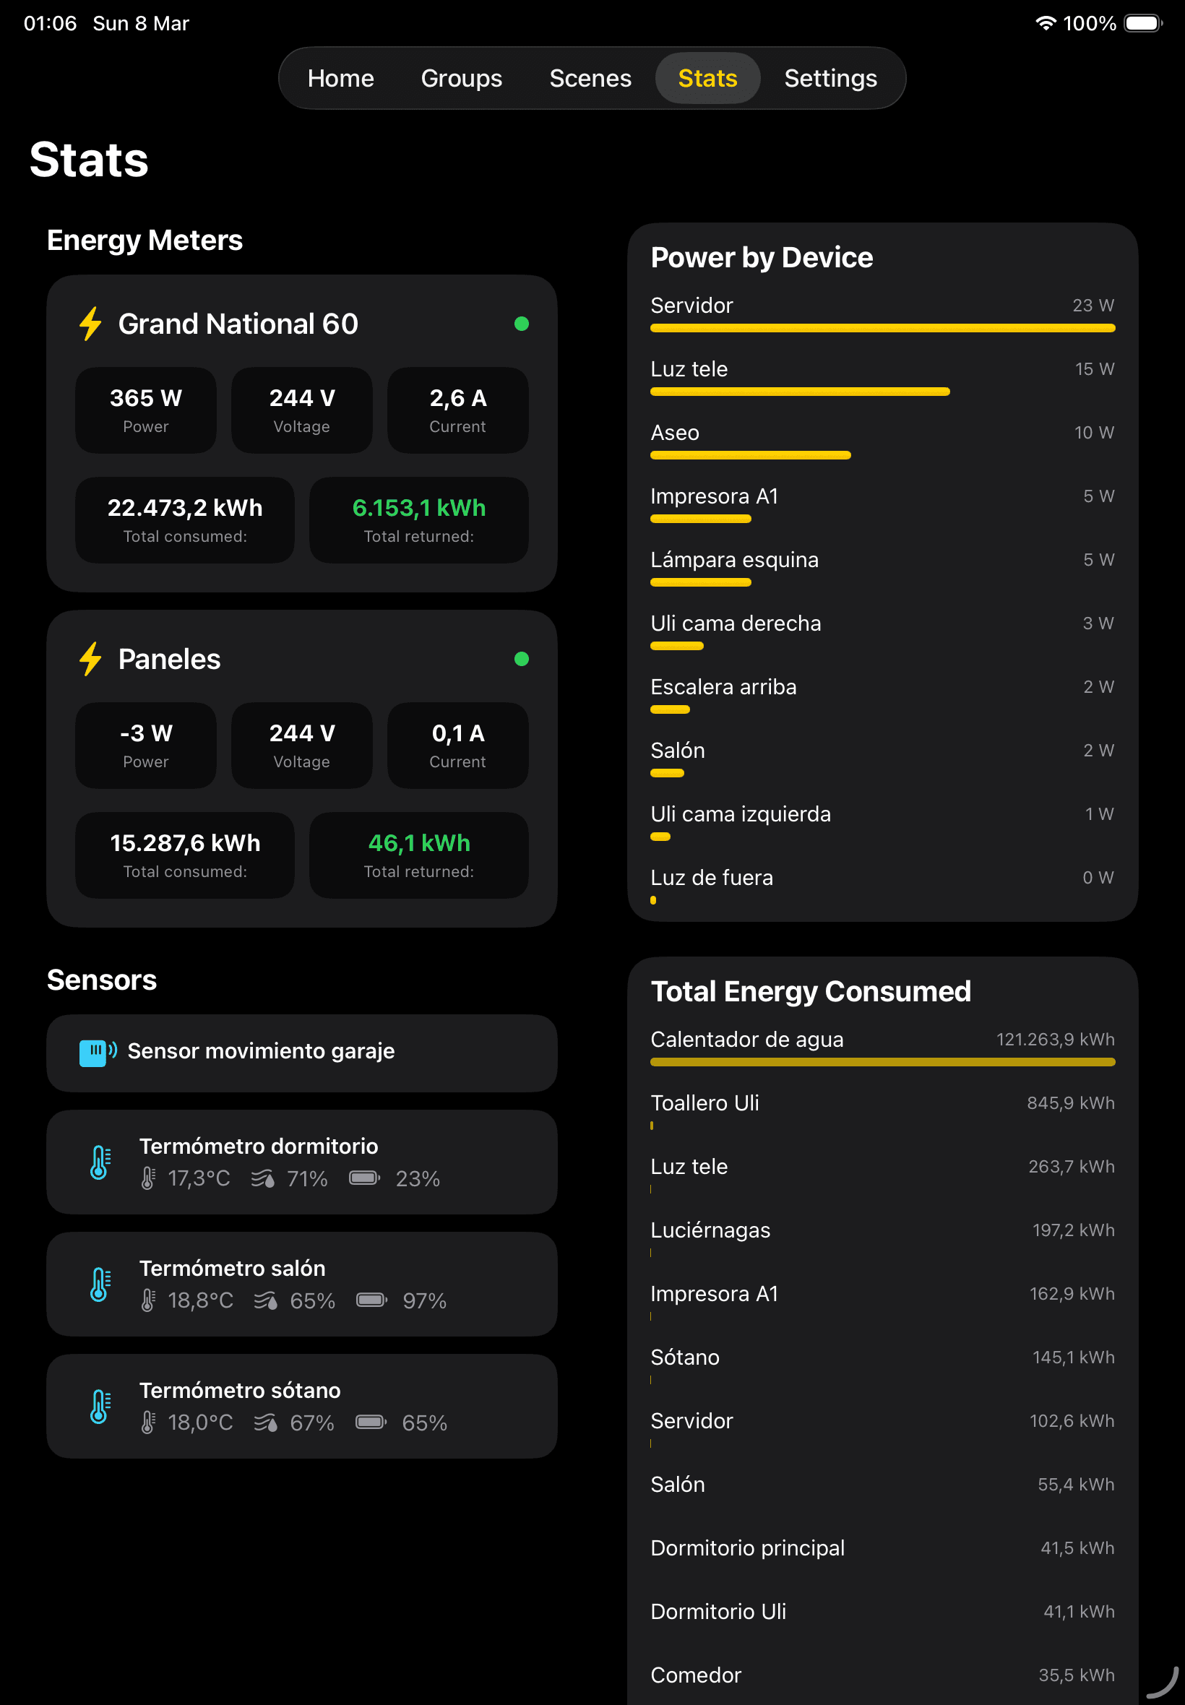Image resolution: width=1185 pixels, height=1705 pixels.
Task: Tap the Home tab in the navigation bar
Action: click(341, 79)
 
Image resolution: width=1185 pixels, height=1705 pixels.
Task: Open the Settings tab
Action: click(830, 79)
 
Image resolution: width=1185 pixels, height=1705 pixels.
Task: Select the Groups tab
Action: click(461, 79)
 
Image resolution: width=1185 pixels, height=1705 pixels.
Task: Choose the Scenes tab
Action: click(590, 79)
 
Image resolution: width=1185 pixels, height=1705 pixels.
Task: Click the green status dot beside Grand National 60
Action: click(521, 324)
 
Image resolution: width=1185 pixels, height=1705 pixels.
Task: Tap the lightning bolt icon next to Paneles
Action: click(90, 658)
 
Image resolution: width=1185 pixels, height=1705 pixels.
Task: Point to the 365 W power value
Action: click(145, 399)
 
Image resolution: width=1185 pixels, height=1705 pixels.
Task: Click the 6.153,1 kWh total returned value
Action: click(419, 509)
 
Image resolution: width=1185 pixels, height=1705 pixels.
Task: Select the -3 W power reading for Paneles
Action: click(145, 733)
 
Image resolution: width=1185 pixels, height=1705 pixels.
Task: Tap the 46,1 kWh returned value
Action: click(419, 843)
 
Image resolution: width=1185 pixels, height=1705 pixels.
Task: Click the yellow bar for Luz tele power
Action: click(800, 392)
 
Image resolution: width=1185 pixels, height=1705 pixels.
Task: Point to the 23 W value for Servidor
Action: click(1093, 306)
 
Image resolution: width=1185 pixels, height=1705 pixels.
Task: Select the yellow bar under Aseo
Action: click(750, 456)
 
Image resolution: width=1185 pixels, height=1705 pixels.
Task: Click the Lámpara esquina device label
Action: click(734, 561)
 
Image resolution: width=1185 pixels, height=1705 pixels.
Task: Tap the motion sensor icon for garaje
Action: click(98, 1052)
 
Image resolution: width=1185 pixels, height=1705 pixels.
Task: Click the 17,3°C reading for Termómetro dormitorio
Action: click(198, 1179)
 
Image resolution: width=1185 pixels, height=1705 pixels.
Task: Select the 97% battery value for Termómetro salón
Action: click(424, 1301)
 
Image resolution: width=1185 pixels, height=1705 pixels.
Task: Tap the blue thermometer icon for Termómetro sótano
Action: click(100, 1407)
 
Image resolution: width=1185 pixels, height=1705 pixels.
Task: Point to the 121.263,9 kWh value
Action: click(1054, 1040)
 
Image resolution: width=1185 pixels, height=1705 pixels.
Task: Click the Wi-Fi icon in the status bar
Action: click(1045, 23)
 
